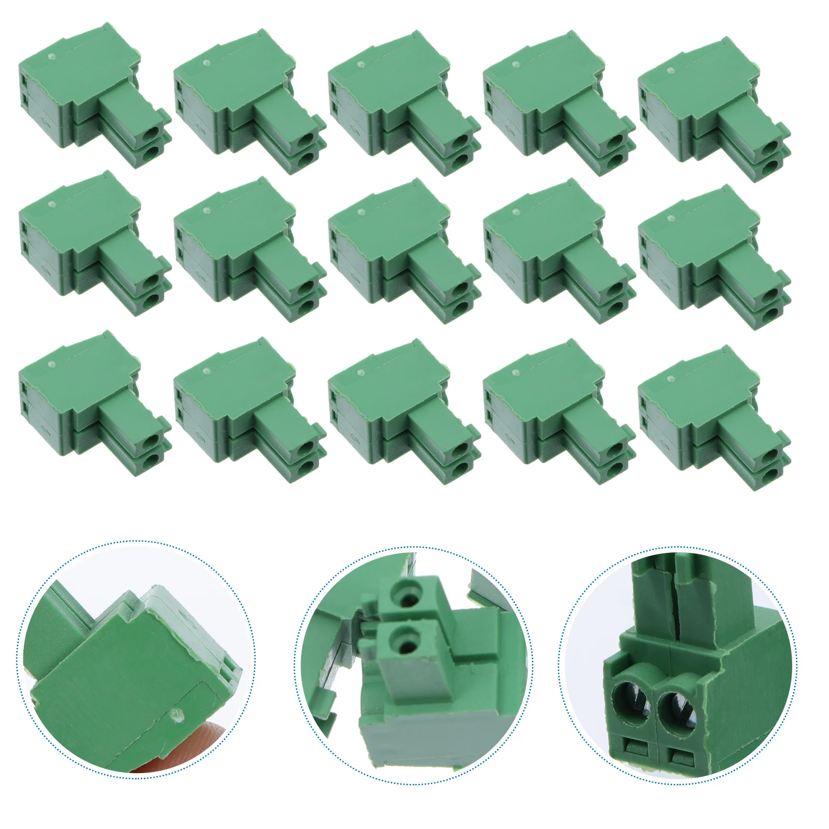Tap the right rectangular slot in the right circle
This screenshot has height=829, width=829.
[x=679, y=754]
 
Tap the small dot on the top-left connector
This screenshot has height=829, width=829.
[x=51, y=56]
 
